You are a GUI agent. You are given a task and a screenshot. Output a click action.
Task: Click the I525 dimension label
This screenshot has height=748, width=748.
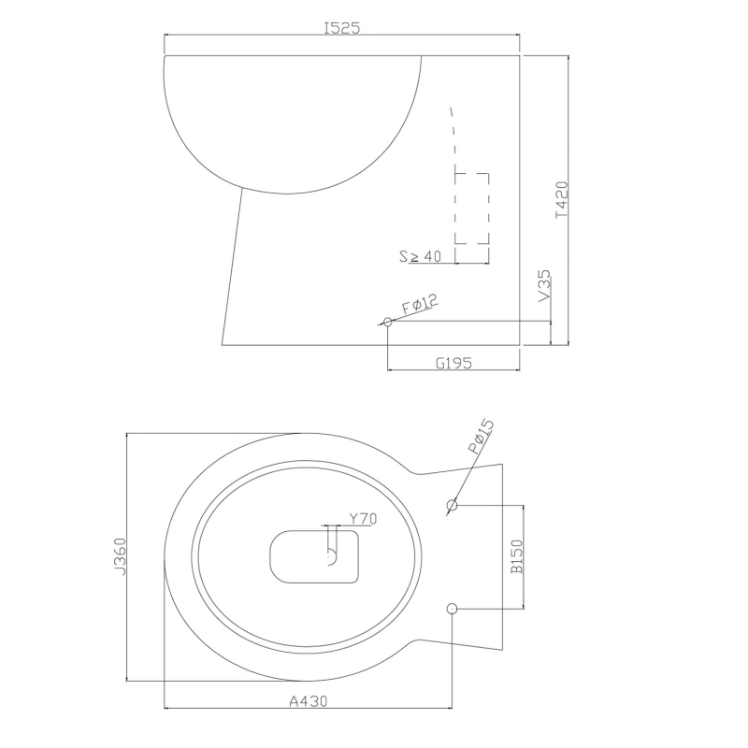point(342,28)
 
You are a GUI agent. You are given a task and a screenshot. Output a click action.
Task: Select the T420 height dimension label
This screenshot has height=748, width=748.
point(560,199)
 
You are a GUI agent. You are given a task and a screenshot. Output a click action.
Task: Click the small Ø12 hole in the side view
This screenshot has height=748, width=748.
point(388,322)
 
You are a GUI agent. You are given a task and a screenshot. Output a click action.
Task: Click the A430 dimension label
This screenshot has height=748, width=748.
point(307,700)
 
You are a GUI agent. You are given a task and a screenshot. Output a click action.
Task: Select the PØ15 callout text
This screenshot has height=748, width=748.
point(479,439)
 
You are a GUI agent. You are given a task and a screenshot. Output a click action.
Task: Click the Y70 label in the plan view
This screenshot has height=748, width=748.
point(362,519)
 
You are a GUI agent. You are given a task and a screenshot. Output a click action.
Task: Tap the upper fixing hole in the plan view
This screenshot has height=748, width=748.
point(453,506)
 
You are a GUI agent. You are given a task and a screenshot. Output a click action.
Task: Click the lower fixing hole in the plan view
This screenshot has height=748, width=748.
point(453,609)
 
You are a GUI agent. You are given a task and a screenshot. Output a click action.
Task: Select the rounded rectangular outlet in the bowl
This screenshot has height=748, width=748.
point(314,558)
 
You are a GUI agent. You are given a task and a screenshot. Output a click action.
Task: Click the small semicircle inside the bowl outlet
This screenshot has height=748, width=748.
point(331,557)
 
